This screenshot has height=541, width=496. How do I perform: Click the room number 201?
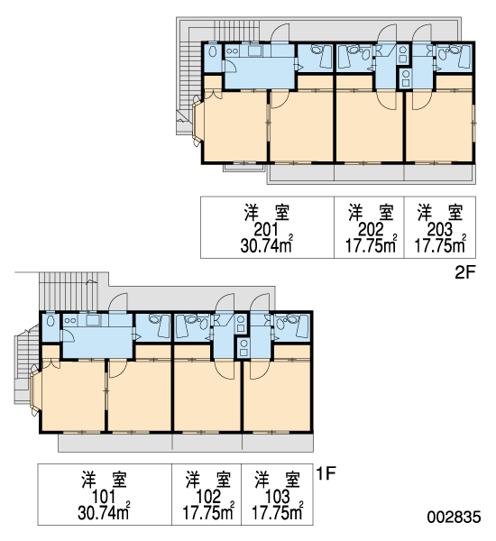[266, 229]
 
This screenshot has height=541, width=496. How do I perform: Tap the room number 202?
[370, 229]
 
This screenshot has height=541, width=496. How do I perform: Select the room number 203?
[440, 229]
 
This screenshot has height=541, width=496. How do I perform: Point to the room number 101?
[104, 497]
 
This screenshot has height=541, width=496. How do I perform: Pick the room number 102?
[207, 497]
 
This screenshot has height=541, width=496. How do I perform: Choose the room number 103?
[277, 497]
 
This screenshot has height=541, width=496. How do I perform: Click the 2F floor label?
[465, 273]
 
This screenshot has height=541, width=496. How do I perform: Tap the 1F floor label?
[326, 473]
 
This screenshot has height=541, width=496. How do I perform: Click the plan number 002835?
[454, 518]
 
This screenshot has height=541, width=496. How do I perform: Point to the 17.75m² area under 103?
[278, 512]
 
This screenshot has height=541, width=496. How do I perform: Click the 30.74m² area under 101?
[104, 512]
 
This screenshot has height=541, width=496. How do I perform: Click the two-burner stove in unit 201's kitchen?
[232, 51]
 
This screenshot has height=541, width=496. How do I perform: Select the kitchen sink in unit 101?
[93, 319]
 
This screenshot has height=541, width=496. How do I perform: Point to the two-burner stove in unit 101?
[70, 320]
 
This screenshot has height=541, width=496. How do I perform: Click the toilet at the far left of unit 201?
[213, 51]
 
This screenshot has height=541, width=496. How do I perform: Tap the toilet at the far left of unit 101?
[51, 321]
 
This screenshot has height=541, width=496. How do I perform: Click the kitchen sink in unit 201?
[254, 50]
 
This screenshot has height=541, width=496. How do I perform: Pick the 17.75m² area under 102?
[208, 512]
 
